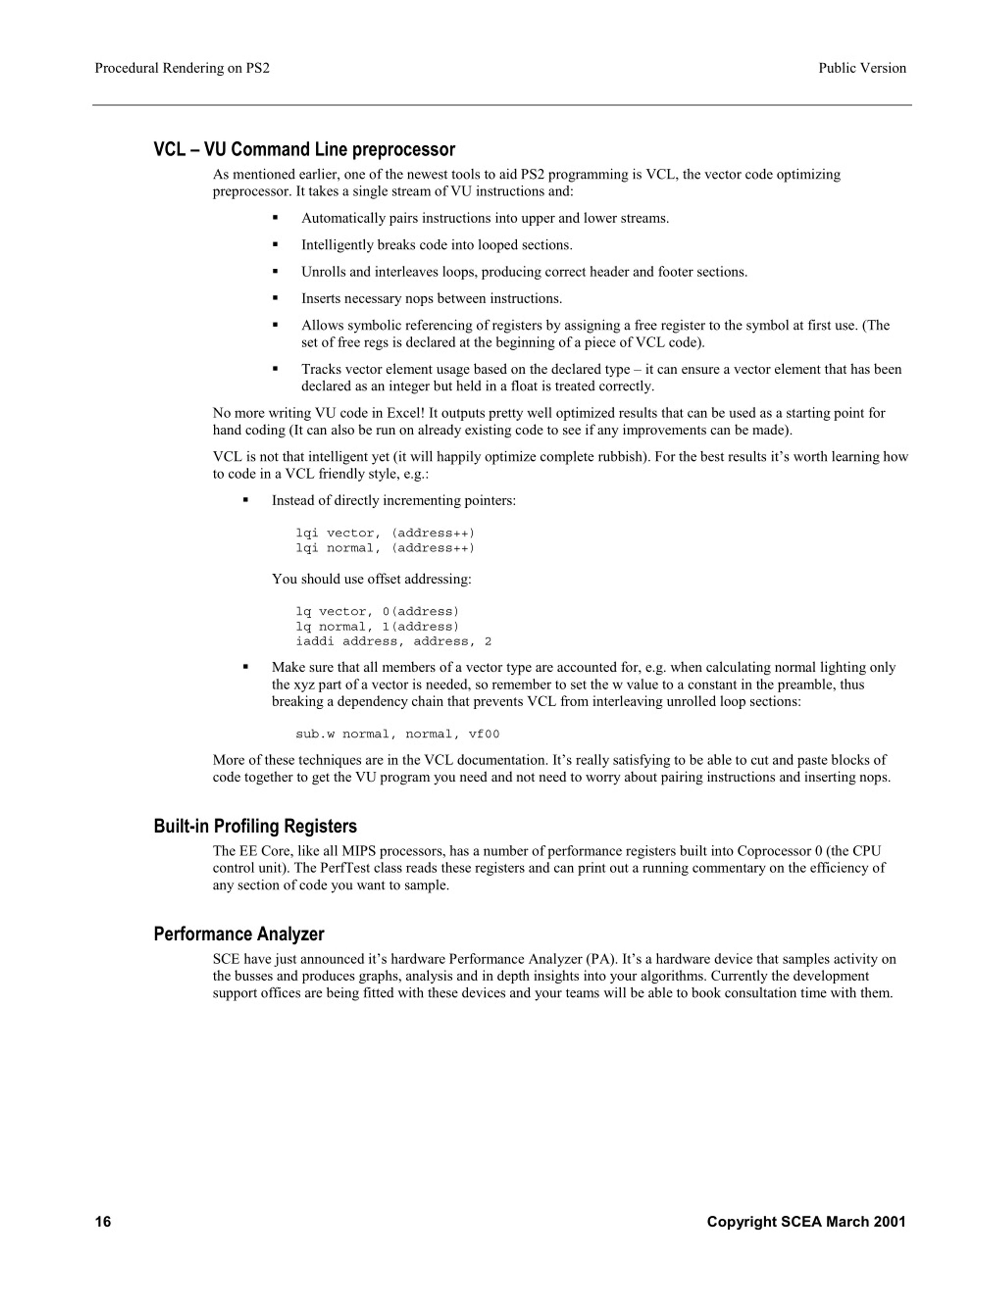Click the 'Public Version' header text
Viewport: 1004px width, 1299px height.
[x=862, y=68]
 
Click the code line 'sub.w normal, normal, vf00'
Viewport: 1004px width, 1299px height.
[x=397, y=734]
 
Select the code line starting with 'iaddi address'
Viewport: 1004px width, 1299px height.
[x=393, y=641]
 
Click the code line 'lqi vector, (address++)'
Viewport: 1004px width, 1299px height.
[x=385, y=533]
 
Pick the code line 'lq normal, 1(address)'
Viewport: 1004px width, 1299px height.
[x=377, y=626]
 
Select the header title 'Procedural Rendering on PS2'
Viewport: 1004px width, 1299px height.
[x=182, y=68]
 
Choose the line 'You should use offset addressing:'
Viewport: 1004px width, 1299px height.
[x=371, y=579]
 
